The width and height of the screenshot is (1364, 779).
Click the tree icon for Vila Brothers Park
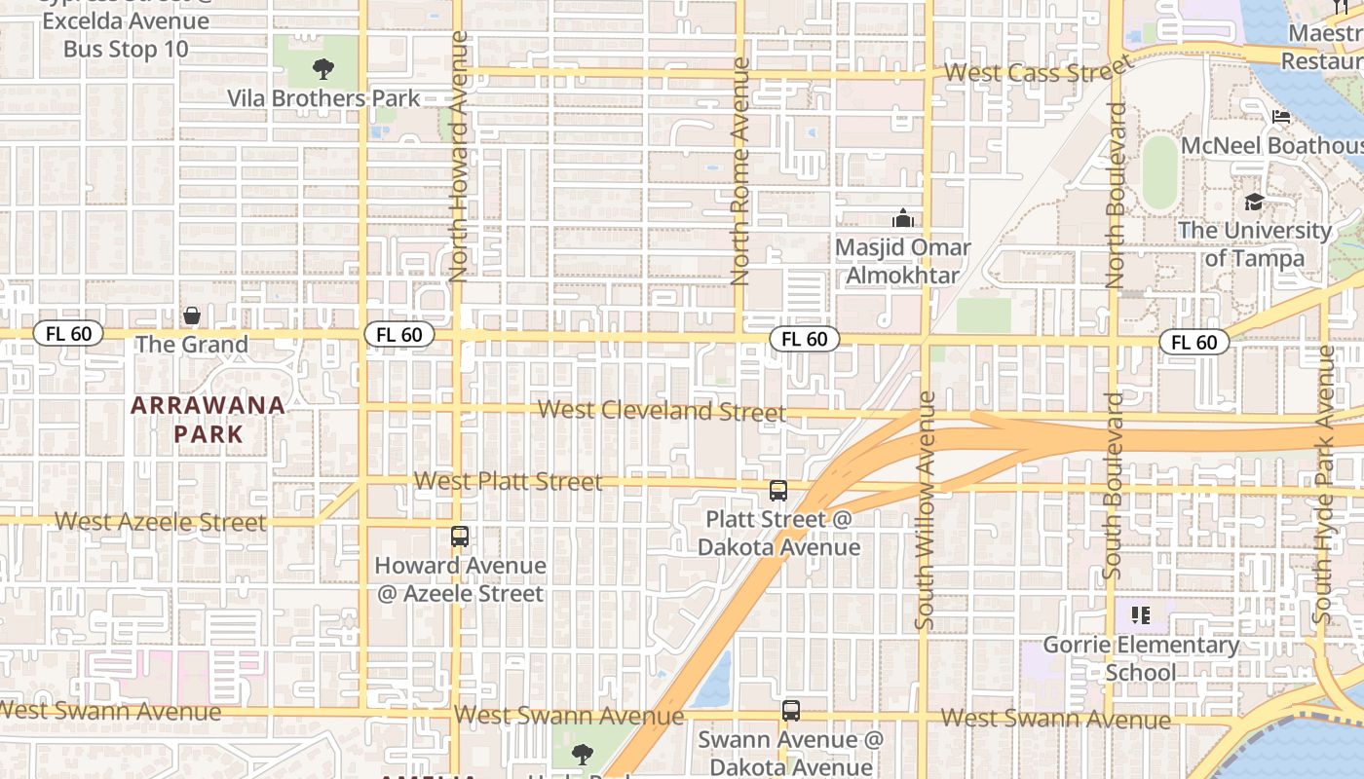(x=322, y=69)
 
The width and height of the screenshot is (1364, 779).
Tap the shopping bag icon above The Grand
(x=192, y=315)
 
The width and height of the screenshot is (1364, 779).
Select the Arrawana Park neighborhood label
(x=208, y=420)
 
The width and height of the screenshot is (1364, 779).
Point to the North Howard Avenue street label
(x=460, y=158)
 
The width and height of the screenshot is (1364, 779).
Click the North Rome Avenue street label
(x=740, y=171)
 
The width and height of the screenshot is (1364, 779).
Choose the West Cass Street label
(x=1039, y=71)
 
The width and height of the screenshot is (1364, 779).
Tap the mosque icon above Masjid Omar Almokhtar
(x=903, y=218)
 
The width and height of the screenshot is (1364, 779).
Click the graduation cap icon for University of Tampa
(x=1254, y=202)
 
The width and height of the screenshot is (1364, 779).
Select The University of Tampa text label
(x=1254, y=244)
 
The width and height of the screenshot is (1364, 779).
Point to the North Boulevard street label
(x=1117, y=195)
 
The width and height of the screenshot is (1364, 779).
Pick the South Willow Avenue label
(x=926, y=509)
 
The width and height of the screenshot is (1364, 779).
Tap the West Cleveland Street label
(x=662, y=410)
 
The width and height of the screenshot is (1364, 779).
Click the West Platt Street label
(x=508, y=481)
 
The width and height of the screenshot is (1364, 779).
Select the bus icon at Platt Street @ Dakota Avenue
(x=777, y=491)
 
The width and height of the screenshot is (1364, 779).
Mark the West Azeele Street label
(x=161, y=522)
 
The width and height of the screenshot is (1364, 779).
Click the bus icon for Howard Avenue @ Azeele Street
(x=459, y=537)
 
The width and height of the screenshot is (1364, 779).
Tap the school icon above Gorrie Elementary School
(x=1141, y=615)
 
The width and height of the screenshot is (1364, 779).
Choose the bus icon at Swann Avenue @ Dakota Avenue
(x=790, y=712)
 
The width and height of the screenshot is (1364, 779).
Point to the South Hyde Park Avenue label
(x=1323, y=484)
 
